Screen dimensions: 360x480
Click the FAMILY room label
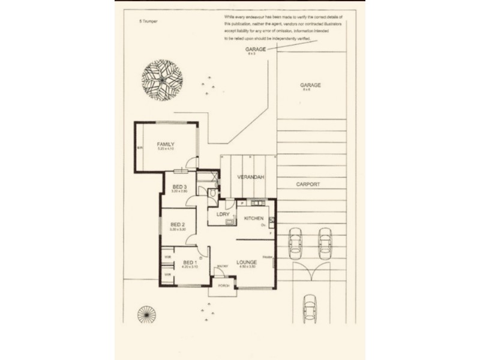(x=165, y=145)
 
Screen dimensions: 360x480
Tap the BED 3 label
(x=179, y=187)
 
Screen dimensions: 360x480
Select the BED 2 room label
(x=178, y=225)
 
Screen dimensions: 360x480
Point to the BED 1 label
(x=189, y=263)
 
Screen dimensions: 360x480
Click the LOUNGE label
(x=247, y=262)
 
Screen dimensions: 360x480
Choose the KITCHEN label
(x=254, y=219)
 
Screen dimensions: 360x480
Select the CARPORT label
(x=308, y=184)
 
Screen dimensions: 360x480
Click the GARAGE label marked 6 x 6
(x=310, y=85)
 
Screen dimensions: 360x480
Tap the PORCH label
(x=223, y=286)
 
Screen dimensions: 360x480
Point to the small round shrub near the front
(x=146, y=314)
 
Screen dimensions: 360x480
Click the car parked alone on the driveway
(x=310, y=308)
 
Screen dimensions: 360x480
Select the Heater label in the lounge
(x=267, y=258)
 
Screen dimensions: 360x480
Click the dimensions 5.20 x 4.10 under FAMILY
(x=165, y=151)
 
